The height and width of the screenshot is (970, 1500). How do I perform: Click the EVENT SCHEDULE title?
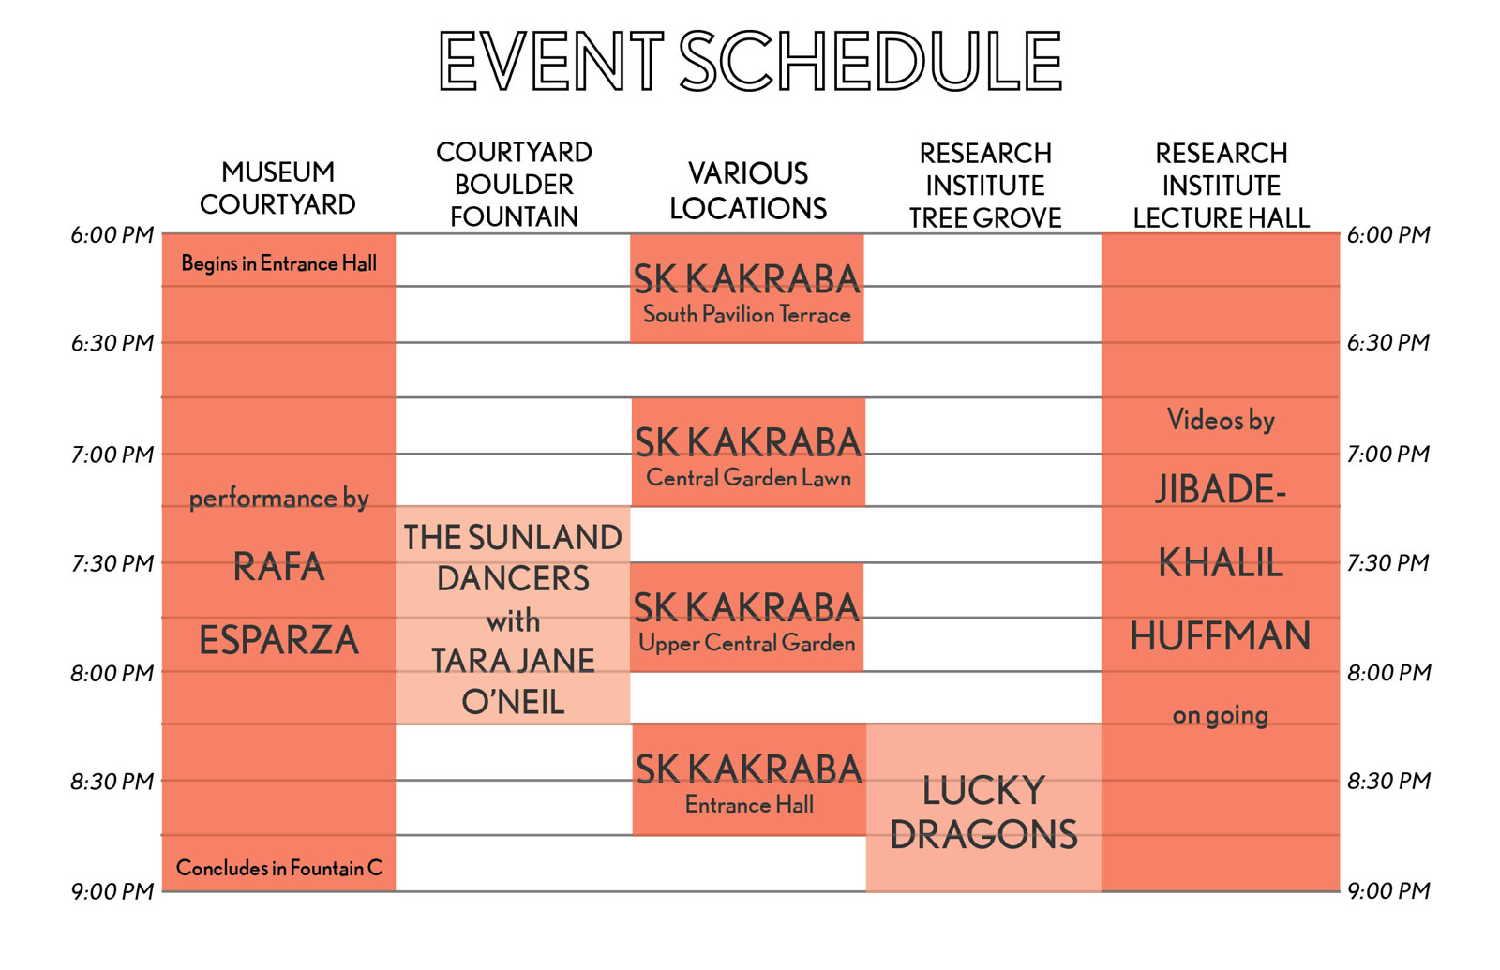[750, 61]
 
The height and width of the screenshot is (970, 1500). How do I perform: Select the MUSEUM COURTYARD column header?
[277, 188]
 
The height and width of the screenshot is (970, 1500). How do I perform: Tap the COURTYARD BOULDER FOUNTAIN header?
[514, 185]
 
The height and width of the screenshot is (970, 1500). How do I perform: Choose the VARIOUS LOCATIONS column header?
[748, 191]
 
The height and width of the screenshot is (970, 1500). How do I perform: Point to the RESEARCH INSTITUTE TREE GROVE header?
[985, 186]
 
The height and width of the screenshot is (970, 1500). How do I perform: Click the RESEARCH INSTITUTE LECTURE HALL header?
[1221, 186]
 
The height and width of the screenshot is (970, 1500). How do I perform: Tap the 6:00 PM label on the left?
[112, 235]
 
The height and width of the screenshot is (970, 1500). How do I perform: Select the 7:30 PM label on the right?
[1388, 562]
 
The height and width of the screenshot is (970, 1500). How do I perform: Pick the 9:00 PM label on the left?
[112, 891]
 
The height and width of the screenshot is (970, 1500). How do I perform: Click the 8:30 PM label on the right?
[1388, 781]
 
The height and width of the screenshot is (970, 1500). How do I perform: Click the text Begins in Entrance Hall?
[278, 263]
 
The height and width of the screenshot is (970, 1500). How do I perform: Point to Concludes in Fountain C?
[279, 868]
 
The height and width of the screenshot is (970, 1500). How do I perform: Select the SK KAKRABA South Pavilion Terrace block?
[746, 289]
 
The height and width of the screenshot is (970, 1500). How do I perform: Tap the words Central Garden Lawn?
[748, 478]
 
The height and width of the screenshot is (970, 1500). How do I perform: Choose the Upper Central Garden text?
[746, 643]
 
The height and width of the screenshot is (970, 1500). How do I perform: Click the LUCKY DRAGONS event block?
[983, 807]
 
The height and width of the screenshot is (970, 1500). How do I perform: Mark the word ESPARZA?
[278, 640]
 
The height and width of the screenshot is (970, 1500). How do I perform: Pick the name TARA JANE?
[513, 661]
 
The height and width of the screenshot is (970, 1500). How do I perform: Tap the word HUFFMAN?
[1220, 636]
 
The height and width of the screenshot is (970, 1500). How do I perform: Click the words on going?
[1220, 716]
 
